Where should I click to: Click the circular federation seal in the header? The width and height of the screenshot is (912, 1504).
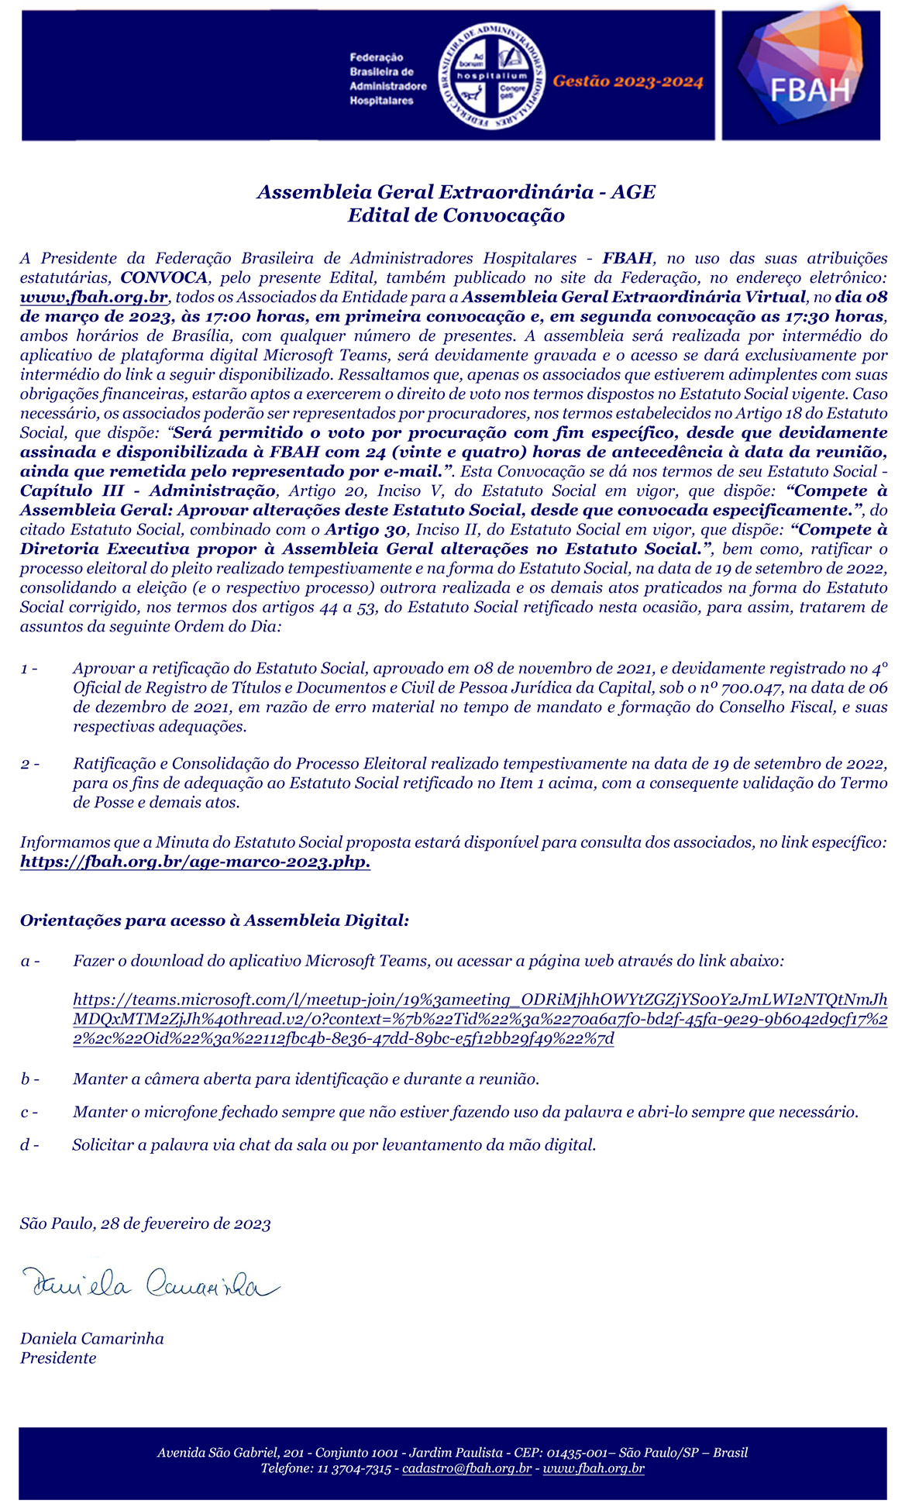tap(492, 76)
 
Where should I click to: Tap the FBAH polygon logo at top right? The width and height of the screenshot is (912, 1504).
tap(800, 74)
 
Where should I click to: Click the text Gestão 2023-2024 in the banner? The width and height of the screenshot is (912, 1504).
tap(628, 82)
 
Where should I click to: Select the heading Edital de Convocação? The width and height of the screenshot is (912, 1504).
tap(456, 215)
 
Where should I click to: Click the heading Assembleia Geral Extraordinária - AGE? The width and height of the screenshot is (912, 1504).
tap(456, 192)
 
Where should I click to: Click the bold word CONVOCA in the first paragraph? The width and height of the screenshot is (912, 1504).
tap(164, 278)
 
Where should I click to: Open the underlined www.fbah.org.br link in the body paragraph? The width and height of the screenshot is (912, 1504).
tap(95, 298)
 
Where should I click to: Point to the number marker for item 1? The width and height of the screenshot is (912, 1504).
tap(29, 669)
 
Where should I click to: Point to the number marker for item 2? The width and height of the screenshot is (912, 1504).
tap(29, 765)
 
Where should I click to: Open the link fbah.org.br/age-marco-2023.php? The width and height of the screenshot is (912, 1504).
tap(195, 862)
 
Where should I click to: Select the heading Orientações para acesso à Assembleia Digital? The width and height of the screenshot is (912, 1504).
tap(215, 921)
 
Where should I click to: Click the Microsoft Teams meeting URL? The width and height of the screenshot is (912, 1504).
tap(480, 1020)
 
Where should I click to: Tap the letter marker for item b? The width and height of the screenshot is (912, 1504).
tap(29, 1079)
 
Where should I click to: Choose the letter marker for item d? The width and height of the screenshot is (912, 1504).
tap(29, 1145)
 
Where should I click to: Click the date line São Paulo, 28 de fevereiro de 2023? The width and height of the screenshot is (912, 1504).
tap(146, 1224)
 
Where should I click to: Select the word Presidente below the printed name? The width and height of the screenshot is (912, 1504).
tap(58, 1358)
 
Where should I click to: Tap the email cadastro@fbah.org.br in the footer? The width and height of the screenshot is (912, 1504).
tap(467, 1469)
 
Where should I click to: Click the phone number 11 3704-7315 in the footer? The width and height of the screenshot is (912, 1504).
tap(354, 1469)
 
